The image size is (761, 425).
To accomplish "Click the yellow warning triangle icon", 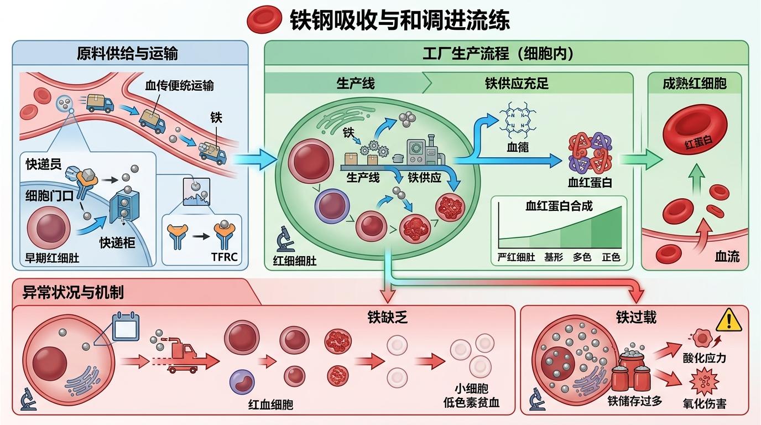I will point(728,320).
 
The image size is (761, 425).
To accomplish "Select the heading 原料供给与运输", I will point(127,54).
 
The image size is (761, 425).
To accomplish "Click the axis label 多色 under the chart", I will point(582,257).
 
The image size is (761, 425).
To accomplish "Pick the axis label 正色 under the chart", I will point(611,257).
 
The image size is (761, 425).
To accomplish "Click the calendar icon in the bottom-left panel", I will point(126,326).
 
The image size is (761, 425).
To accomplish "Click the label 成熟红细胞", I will point(695,84).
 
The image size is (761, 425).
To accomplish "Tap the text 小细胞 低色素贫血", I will point(471,395).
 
